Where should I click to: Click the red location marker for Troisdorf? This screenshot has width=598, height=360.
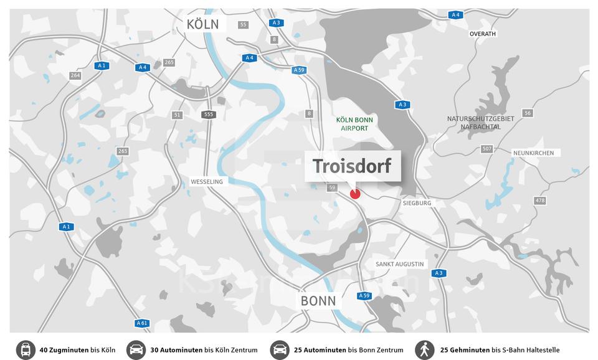tap(355, 194)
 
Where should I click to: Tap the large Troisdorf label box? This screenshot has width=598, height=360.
tap(352, 166)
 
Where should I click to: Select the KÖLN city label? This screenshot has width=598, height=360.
tap(202, 24)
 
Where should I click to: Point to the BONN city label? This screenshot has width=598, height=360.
tap(318, 301)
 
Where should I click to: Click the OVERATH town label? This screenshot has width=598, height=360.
tap(483, 34)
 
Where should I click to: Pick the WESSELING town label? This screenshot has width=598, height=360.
tap(206, 182)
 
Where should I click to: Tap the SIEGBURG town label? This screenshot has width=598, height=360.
tap(417, 203)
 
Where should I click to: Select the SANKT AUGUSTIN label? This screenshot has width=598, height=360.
tap(399, 264)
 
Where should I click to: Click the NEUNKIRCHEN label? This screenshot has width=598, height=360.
tap(533, 153)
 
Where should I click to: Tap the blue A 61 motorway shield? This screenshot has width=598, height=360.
tap(142, 323)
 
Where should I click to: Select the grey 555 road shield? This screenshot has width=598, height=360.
tap(208, 115)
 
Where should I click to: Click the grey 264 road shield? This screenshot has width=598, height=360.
tap(75, 75)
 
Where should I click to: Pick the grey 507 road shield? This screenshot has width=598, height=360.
tap(486, 149)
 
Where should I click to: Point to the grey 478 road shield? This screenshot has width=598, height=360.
tap(539, 201)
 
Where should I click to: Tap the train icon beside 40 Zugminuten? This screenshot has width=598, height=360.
tap(26, 350)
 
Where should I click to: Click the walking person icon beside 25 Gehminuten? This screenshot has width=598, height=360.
tap(425, 350)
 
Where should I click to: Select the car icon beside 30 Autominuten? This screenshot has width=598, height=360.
tap(136, 350)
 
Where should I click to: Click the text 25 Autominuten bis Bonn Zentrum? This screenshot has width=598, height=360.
tap(348, 350)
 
